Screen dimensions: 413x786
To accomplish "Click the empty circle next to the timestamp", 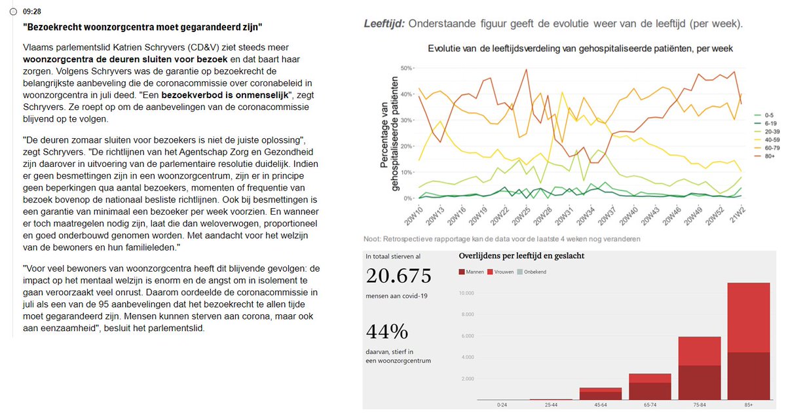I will (x=13, y=12).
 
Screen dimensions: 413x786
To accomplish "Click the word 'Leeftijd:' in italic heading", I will (x=384, y=24).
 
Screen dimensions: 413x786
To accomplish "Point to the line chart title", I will (x=580, y=49).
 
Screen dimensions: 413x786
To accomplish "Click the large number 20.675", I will (x=399, y=276).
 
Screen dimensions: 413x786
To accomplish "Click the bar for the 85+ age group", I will (x=748, y=340).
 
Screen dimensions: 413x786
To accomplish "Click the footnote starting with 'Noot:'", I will (x=502, y=239).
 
